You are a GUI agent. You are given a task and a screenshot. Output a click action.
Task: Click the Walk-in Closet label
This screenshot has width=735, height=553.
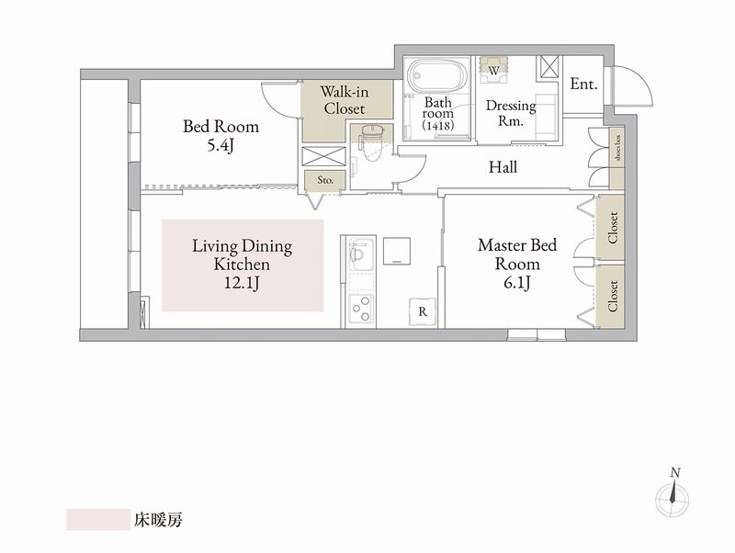tap(345, 100)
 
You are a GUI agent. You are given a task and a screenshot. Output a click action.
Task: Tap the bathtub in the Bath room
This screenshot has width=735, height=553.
tap(437, 75)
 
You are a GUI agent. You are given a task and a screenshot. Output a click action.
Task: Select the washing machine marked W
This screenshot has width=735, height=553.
tap(493, 71)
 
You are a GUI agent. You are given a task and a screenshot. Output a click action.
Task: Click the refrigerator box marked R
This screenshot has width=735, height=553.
tap(423, 311)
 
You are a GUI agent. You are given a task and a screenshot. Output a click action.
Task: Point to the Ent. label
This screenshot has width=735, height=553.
tap(584, 85)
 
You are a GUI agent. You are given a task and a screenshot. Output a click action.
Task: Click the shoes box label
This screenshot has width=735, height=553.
tap(617, 148)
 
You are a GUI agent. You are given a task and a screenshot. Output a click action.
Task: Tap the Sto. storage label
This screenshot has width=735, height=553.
tap(325, 180)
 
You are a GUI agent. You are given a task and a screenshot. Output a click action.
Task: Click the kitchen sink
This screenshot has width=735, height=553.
tap(361, 254)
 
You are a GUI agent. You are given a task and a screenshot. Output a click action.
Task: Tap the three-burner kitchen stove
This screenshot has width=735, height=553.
tap(361, 310)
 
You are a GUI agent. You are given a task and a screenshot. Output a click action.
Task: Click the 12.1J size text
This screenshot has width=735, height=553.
tap(242, 284)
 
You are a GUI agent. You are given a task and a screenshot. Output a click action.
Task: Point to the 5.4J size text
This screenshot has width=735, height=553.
tap(220, 146)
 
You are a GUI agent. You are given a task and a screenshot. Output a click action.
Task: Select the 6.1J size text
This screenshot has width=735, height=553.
tap(517, 283)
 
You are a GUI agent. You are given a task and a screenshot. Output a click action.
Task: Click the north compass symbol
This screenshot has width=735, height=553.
tap(673, 497)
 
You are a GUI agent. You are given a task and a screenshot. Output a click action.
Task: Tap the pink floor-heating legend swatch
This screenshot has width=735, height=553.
tap(98, 519)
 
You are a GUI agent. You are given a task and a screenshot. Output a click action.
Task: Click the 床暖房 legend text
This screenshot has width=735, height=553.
tap(158, 520)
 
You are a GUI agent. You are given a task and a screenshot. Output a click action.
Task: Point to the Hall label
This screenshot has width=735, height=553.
tap(503, 167)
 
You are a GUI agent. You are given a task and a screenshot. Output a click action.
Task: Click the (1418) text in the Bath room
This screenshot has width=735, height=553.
tap(438, 126)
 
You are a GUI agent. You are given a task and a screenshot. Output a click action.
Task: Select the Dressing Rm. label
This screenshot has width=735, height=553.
tap(511, 113)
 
